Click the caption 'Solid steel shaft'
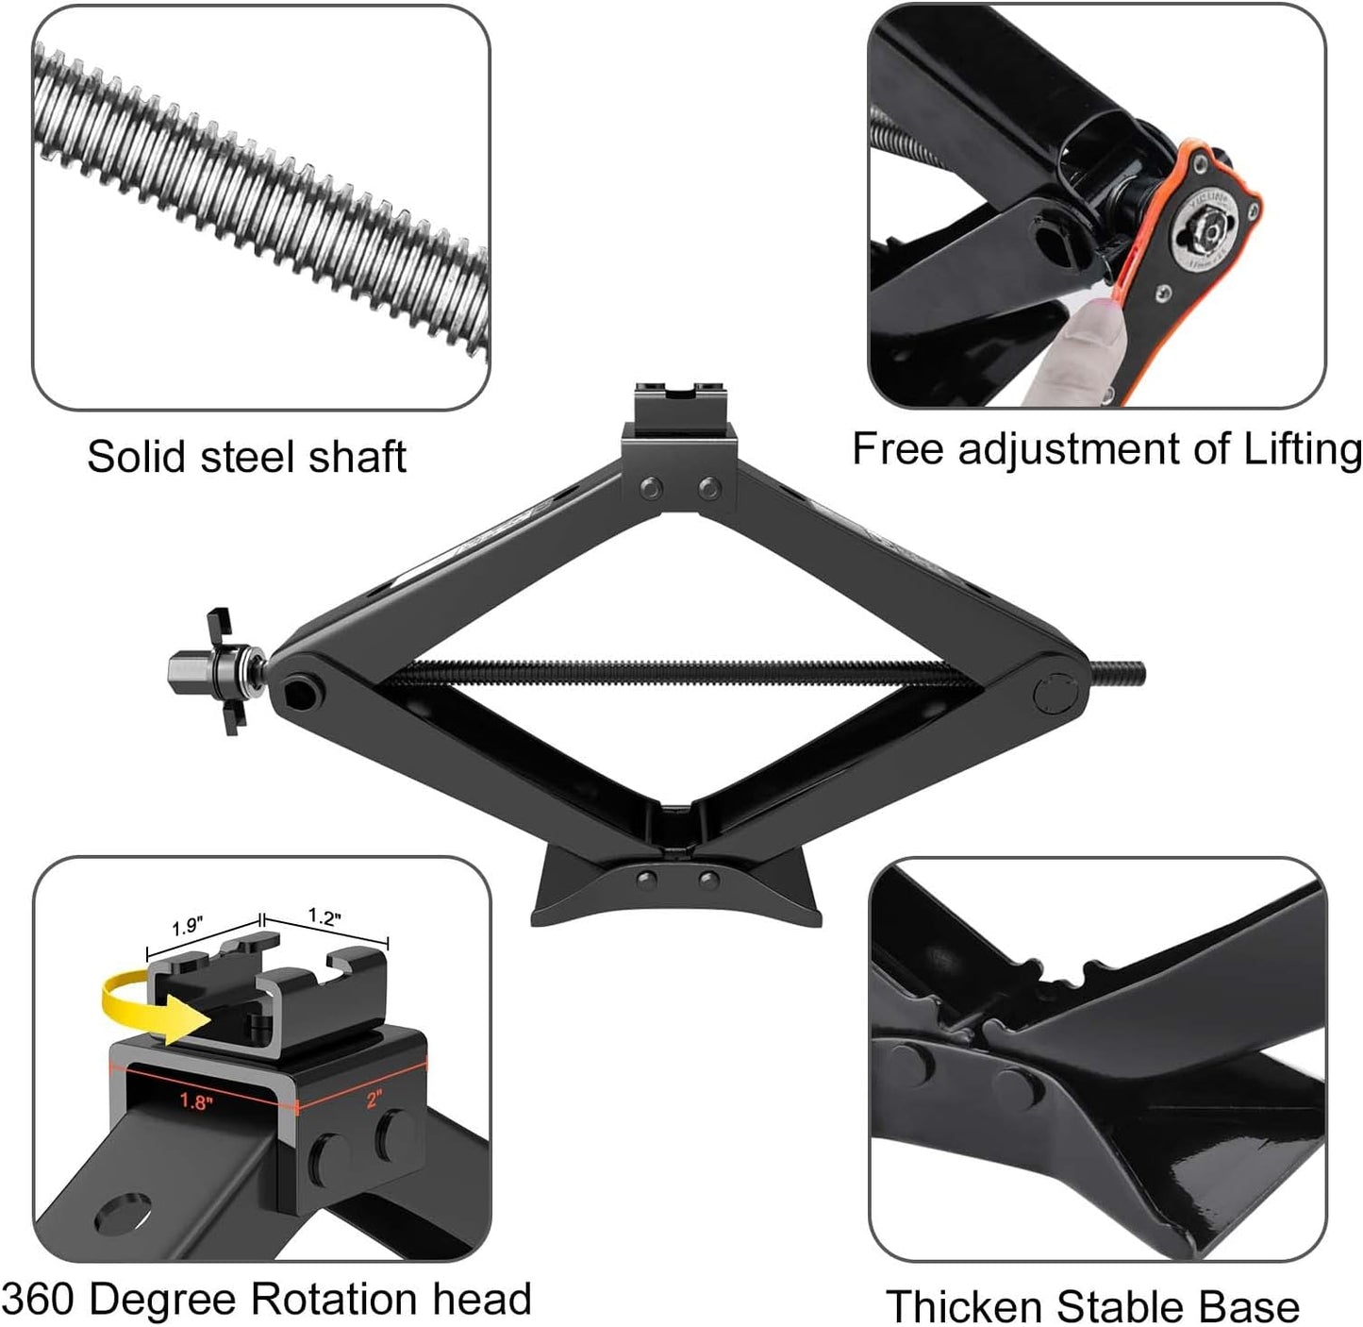pos(246,457)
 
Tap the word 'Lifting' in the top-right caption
pos(1302,448)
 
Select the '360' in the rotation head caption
pos(39,1299)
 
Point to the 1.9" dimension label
pos(187,927)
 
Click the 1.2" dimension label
pos(324,916)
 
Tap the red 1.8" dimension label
pos(195,1100)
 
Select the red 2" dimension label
pos(374,1098)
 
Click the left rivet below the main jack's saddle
pos(649,488)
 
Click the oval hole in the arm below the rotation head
pos(123,1213)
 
